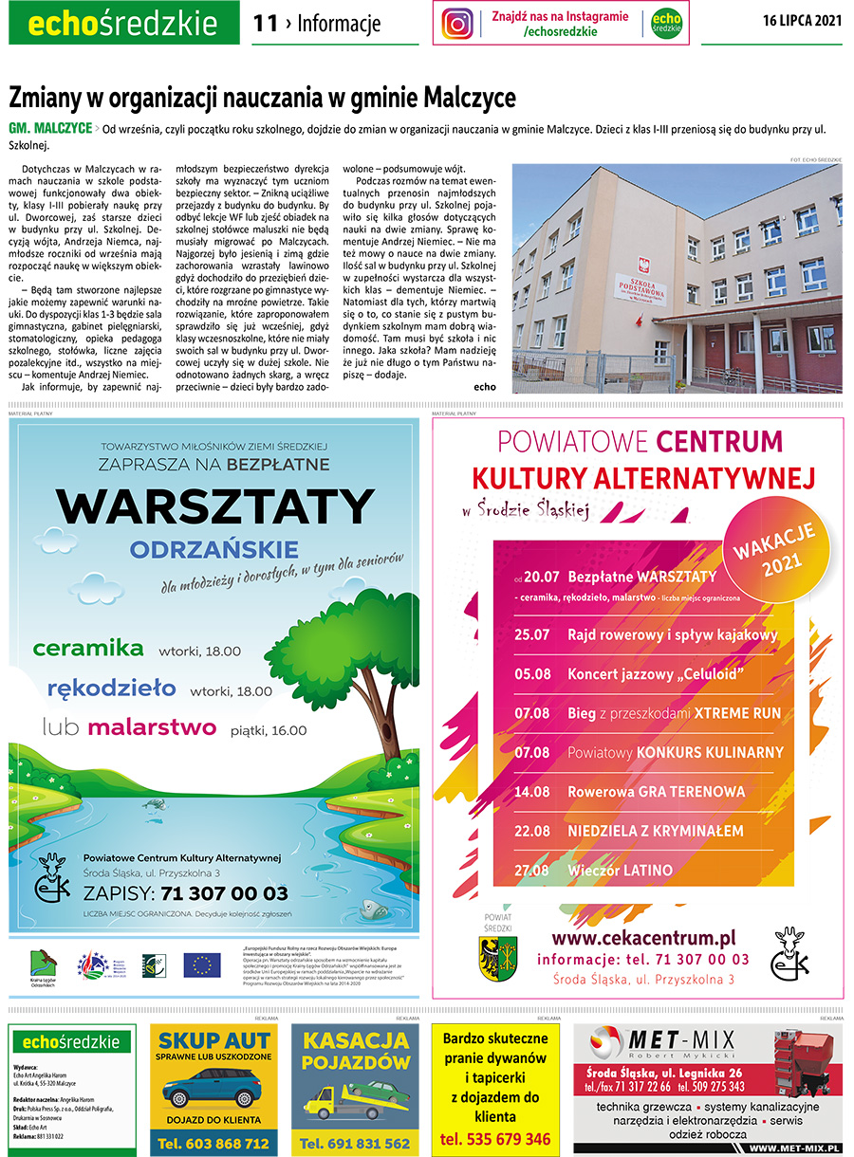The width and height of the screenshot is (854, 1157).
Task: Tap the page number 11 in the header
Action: point(266,24)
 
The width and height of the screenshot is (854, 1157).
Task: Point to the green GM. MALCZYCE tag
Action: point(50,128)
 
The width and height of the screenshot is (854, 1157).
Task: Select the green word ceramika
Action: point(87,649)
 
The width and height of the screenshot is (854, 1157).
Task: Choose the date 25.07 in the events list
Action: point(532,634)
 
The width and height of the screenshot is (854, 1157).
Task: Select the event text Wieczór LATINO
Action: point(620,870)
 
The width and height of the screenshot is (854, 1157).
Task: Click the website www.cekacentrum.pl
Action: point(643,938)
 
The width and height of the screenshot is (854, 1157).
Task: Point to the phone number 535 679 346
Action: point(495,1138)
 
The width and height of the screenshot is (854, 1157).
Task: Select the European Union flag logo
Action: point(201,965)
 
